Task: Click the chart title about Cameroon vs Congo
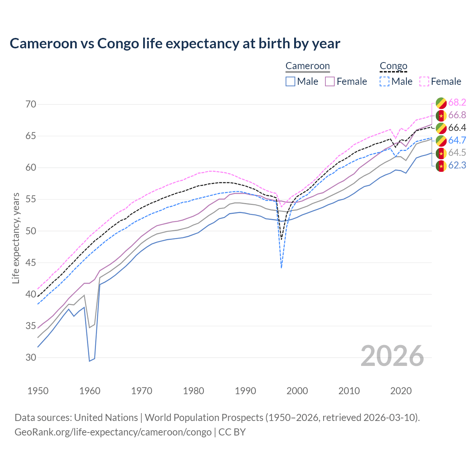click(x=175, y=44)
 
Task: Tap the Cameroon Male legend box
click(x=290, y=81)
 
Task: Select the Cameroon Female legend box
click(x=330, y=81)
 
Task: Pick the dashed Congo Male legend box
click(x=385, y=81)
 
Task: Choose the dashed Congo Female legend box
click(x=424, y=81)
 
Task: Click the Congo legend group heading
click(x=393, y=66)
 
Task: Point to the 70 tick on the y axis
click(x=31, y=104)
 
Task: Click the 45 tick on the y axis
click(x=31, y=263)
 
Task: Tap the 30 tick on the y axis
click(x=31, y=357)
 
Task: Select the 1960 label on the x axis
click(x=90, y=391)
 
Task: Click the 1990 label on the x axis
click(x=246, y=391)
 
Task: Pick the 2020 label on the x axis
click(x=401, y=391)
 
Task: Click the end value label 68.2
click(x=457, y=102)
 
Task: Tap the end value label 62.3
click(x=457, y=165)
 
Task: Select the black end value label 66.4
click(x=457, y=128)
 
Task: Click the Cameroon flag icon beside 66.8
click(x=441, y=115)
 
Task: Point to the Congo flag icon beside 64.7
click(x=441, y=141)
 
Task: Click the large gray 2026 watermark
click(x=392, y=356)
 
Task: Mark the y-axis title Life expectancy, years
click(x=16, y=238)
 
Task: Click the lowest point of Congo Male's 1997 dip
click(x=282, y=268)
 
